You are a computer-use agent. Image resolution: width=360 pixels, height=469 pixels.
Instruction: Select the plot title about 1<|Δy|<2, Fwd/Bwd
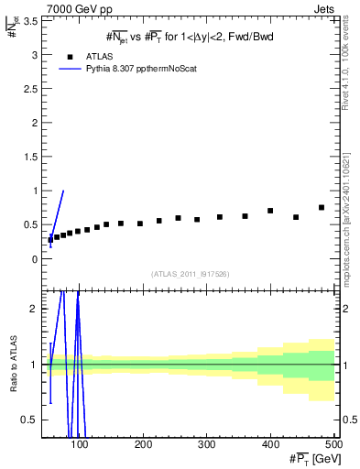point(190,36)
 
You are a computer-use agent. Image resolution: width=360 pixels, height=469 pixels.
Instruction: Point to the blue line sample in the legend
point(70,68)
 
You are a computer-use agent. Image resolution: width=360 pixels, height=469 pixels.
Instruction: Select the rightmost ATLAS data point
point(322,207)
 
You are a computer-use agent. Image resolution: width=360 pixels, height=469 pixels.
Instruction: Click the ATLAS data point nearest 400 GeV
point(270,211)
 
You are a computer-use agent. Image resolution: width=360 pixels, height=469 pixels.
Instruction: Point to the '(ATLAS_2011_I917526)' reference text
point(190,273)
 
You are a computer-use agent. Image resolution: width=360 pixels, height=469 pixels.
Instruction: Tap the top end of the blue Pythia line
point(63,191)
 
